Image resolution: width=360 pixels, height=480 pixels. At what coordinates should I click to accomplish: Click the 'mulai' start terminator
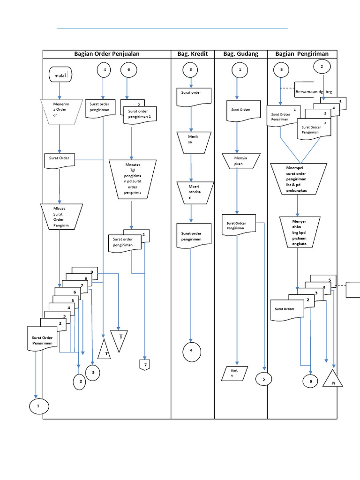60,74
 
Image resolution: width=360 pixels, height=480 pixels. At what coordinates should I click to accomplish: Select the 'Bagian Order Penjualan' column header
107,54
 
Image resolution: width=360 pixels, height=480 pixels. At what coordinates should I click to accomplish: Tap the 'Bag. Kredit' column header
192,54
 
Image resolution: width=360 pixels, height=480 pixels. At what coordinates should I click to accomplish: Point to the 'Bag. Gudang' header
241,54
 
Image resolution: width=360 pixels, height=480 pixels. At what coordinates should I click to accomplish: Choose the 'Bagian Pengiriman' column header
302,54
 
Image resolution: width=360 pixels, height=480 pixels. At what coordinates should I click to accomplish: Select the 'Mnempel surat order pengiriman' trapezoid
299,179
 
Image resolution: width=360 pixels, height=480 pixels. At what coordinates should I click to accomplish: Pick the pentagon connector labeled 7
145,364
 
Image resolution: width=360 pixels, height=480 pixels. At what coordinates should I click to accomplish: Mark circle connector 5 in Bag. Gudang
264,379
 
